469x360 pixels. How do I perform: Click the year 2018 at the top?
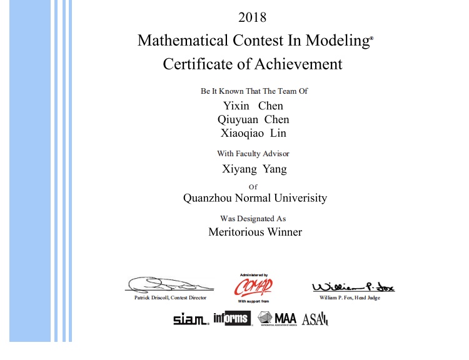(253, 17)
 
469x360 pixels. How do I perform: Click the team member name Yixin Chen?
(253, 106)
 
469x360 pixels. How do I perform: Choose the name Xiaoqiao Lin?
(253, 133)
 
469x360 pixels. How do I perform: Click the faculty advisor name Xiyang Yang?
(255, 168)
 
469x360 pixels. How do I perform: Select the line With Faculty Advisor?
(253, 153)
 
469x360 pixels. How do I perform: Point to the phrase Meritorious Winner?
(255, 232)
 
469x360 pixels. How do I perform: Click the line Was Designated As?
(253, 219)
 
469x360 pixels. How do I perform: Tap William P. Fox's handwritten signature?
(353, 286)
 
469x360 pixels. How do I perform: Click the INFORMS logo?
(231, 318)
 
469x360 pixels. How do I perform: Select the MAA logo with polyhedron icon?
(277, 318)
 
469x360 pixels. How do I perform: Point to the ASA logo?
(315, 319)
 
